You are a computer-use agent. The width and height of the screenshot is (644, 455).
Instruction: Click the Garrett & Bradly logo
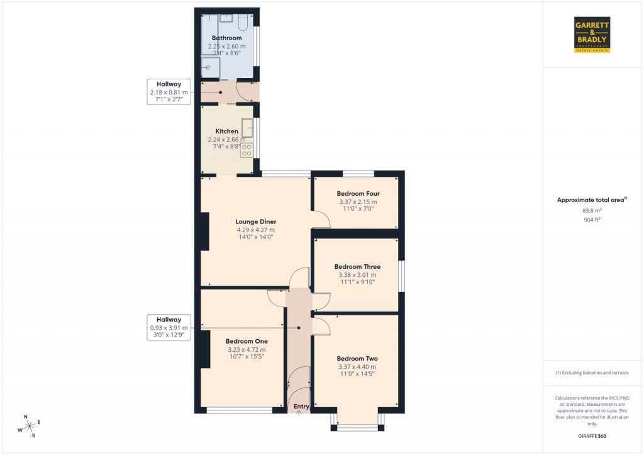click(592, 35)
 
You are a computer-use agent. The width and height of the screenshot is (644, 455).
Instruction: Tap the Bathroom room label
click(226, 38)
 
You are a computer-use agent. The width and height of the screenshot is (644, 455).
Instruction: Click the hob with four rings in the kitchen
click(247, 150)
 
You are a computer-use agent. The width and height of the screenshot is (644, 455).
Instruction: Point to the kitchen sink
click(247, 128)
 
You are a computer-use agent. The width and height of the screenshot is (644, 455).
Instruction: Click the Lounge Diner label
click(256, 222)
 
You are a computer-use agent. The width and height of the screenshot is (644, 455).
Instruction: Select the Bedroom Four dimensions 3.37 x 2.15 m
click(358, 202)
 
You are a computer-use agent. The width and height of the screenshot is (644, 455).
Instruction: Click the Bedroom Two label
click(357, 359)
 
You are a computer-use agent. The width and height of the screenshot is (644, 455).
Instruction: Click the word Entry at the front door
click(301, 407)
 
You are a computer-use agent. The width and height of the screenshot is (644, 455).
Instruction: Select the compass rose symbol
click(29, 426)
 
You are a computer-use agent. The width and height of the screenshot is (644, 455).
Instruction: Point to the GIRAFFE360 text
click(592, 436)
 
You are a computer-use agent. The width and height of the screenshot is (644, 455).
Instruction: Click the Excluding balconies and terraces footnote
click(592, 373)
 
